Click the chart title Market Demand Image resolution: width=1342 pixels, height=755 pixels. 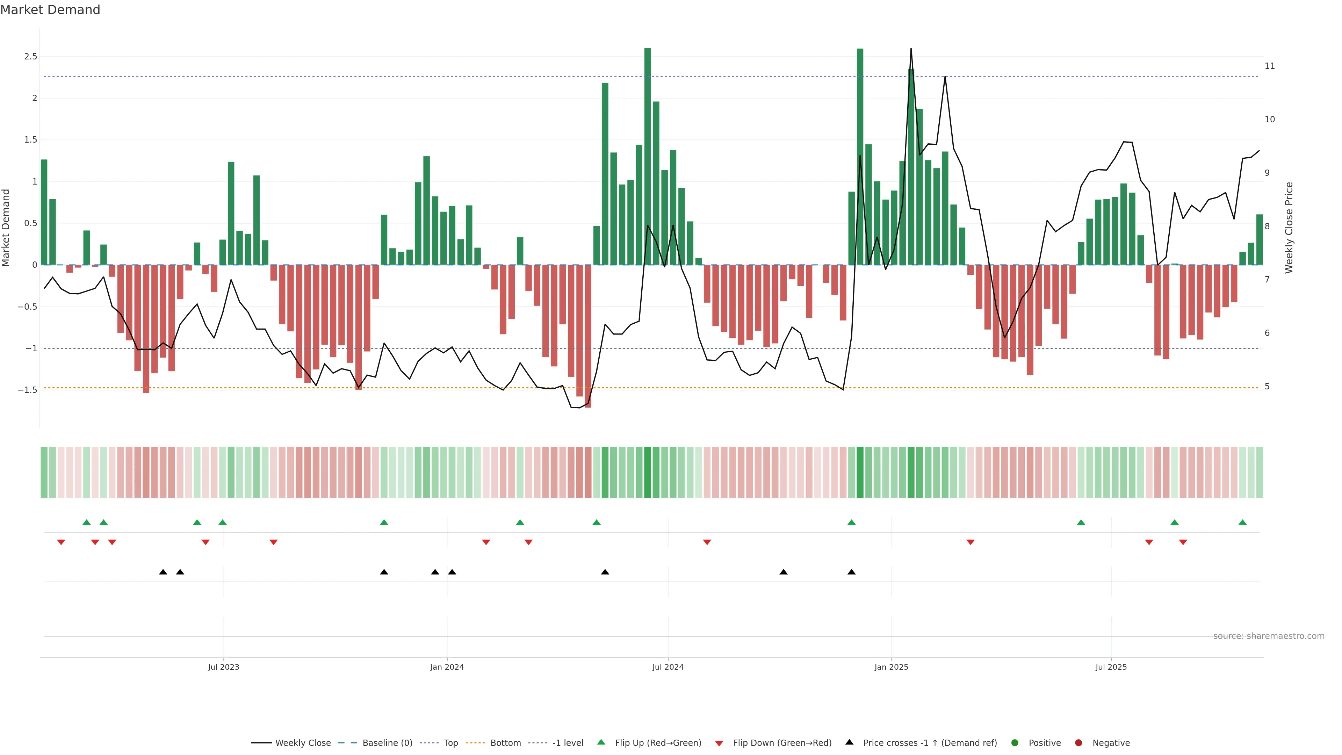[x=50, y=10]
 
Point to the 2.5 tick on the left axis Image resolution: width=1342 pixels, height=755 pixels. [x=30, y=56]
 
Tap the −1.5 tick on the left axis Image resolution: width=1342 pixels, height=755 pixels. [x=27, y=390]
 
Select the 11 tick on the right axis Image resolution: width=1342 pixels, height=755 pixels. [x=1270, y=66]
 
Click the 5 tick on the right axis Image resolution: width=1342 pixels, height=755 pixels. [x=1267, y=387]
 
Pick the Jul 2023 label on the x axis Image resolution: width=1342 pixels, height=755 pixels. [x=224, y=667]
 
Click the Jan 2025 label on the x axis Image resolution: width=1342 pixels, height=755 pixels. [x=891, y=667]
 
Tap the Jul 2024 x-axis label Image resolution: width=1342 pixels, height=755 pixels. [x=668, y=667]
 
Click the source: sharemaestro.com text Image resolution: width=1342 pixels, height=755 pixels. [x=1269, y=636]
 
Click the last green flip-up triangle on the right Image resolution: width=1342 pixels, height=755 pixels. [x=1242, y=522]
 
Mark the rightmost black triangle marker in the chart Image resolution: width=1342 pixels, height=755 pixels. [x=851, y=572]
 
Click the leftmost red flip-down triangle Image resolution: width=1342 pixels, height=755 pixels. [x=61, y=542]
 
